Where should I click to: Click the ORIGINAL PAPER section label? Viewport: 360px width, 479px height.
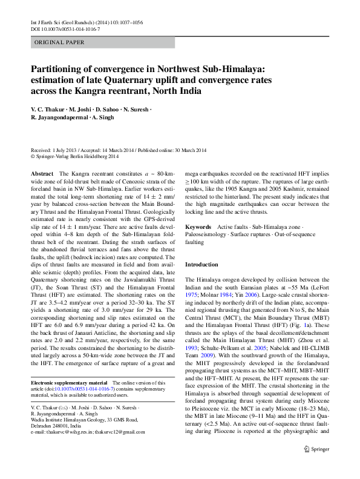59,42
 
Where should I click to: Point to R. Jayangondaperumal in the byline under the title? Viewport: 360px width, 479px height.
59,117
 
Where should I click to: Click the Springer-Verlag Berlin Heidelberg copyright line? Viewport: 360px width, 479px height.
75,156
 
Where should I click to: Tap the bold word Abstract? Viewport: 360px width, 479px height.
42,173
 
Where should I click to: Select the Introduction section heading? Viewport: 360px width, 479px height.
201,265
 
